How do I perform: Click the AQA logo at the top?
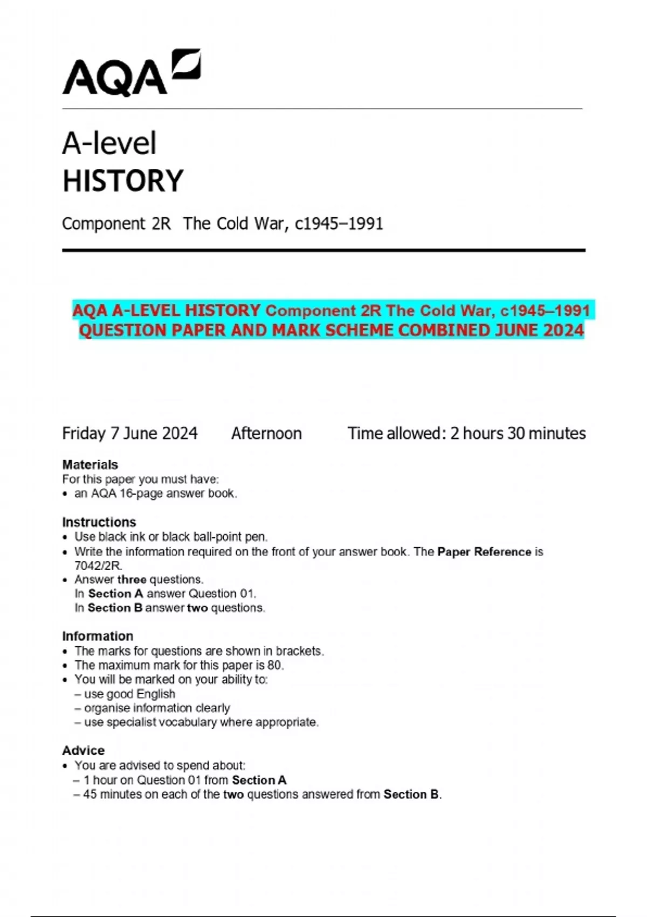tap(131, 73)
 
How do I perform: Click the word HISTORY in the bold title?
tap(123, 181)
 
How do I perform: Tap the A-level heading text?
tap(109, 143)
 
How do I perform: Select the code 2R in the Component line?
tap(161, 224)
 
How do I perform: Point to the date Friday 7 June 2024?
tap(130, 433)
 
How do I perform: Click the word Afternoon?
tap(266, 433)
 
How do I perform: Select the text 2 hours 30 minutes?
tap(518, 433)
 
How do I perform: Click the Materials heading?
tap(90, 464)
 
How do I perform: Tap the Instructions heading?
tap(99, 522)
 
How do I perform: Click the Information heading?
tap(98, 636)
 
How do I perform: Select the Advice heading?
tap(84, 750)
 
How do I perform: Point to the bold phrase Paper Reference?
tap(484, 552)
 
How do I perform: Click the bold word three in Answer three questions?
tap(132, 580)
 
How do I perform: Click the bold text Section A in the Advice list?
tap(259, 780)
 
